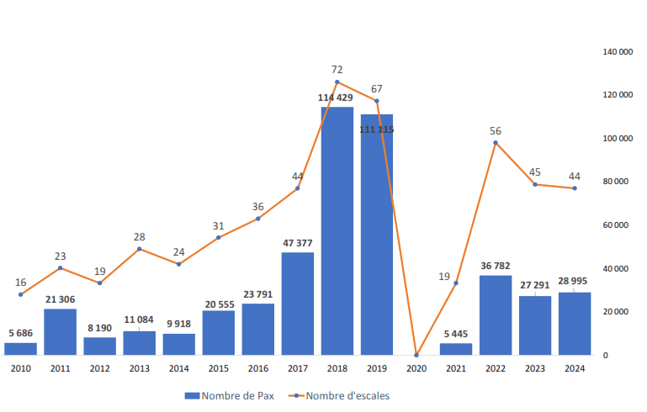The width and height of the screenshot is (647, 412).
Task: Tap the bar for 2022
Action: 496,314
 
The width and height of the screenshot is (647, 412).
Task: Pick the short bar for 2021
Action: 456,349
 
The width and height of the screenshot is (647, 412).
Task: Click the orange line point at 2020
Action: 416,355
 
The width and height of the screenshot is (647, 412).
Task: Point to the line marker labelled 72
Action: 337,82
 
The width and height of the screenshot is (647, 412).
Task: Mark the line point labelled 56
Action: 496,142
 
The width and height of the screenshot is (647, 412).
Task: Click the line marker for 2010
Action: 20,294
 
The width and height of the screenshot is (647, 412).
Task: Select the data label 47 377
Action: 298,243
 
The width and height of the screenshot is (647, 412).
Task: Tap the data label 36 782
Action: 496,266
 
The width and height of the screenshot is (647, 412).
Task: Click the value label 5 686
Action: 20,333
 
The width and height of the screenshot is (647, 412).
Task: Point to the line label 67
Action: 377,88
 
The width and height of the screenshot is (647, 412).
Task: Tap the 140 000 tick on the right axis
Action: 618,52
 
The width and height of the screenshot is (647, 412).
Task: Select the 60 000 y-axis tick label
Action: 618,225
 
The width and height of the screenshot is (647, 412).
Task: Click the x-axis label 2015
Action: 219,369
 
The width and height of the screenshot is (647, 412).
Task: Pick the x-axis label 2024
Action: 575,369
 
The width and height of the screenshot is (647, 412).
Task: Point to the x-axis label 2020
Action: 416,369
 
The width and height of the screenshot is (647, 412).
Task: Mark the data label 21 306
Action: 60,300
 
